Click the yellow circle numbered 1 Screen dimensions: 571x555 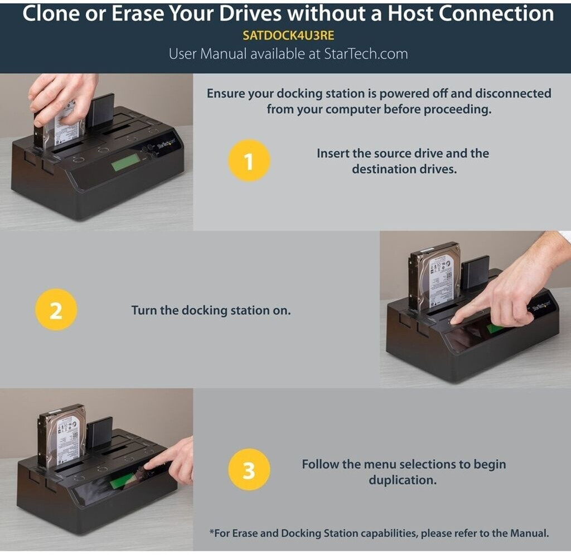[x=249, y=160]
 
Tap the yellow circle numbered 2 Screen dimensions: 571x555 [x=56, y=310]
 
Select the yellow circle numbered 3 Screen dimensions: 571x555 [x=249, y=470]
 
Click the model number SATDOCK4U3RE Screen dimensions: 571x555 [x=288, y=35]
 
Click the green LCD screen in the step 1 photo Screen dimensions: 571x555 [x=125, y=162]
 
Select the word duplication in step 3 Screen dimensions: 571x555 [x=403, y=480]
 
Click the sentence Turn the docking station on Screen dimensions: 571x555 [x=211, y=310]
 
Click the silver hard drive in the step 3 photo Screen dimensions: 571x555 [x=62, y=436]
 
